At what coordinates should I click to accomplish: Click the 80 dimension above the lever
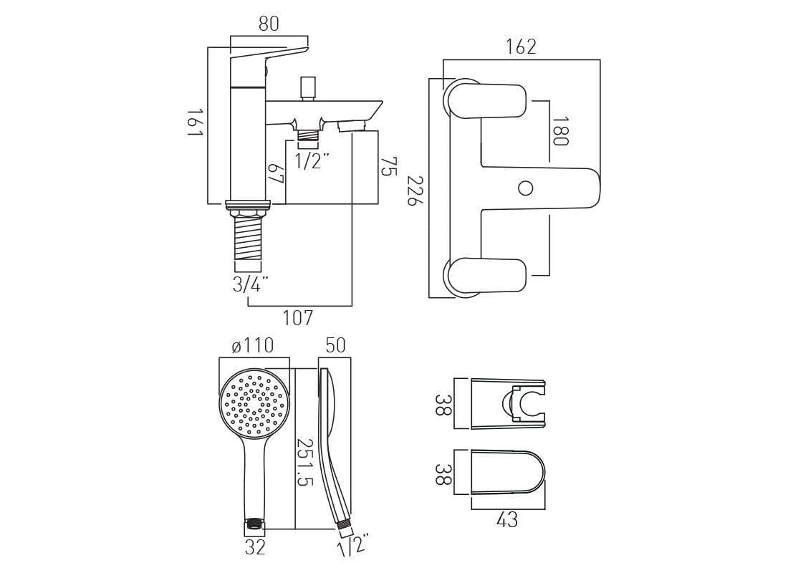coord(268,24)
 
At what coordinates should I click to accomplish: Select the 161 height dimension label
coord(195,125)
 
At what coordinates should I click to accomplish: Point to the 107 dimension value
coord(298,317)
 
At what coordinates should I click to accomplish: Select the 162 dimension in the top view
coord(521,47)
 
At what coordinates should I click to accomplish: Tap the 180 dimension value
coord(560,131)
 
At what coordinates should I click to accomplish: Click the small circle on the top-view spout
coord(526,188)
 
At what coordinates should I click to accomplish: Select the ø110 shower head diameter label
coord(252,346)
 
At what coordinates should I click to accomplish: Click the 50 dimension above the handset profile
coord(335,345)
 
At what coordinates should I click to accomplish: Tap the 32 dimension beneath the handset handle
coord(255,547)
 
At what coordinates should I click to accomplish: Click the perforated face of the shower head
coord(255,403)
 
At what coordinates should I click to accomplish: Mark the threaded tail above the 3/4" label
coord(248,241)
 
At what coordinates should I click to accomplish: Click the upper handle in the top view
coord(487,100)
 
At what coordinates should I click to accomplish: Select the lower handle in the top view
coord(487,276)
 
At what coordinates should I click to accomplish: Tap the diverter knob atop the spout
coord(309,86)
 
